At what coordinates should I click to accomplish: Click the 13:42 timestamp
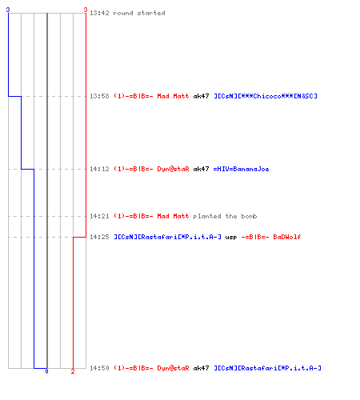pos(99,13)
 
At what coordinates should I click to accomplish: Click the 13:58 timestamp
pos(99,96)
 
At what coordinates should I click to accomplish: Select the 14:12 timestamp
pos(99,169)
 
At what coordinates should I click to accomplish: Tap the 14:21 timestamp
pos(99,216)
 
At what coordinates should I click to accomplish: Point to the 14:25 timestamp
pos(99,237)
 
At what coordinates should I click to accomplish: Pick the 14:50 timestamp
pos(99,368)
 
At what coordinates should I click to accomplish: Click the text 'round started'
pos(139,13)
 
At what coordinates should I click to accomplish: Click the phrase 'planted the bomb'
pos(225,216)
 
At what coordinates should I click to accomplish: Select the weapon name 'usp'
pos(231,238)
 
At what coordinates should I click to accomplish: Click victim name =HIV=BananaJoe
pos(241,169)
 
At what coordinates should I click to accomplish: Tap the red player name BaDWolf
pos(287,237)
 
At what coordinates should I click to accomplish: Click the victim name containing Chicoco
pos(266,96)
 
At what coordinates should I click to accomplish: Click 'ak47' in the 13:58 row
pos(201,96)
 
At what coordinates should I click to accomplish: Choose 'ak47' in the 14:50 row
pos(201,368)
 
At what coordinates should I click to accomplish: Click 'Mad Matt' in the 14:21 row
pos(173,216)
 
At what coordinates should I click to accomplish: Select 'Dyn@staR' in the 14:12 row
pos(173,169)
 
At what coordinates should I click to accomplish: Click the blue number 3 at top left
pos(8,10)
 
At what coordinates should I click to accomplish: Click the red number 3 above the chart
pos(86,10)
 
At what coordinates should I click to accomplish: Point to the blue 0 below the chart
pos(46,371)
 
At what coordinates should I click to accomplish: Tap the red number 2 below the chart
pos(73,371)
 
